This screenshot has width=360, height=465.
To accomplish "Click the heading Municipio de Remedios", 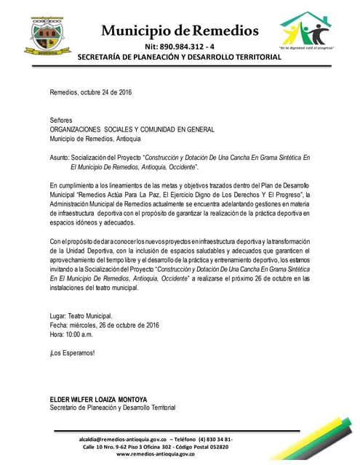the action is click(180, 31).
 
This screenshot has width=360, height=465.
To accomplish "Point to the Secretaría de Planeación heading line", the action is click(180, 57).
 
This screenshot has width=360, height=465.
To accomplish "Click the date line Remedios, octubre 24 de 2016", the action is click(91, 93).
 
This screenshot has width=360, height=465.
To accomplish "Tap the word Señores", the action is click(61, 118).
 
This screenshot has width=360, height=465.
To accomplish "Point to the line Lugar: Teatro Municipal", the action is click(81, 316).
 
